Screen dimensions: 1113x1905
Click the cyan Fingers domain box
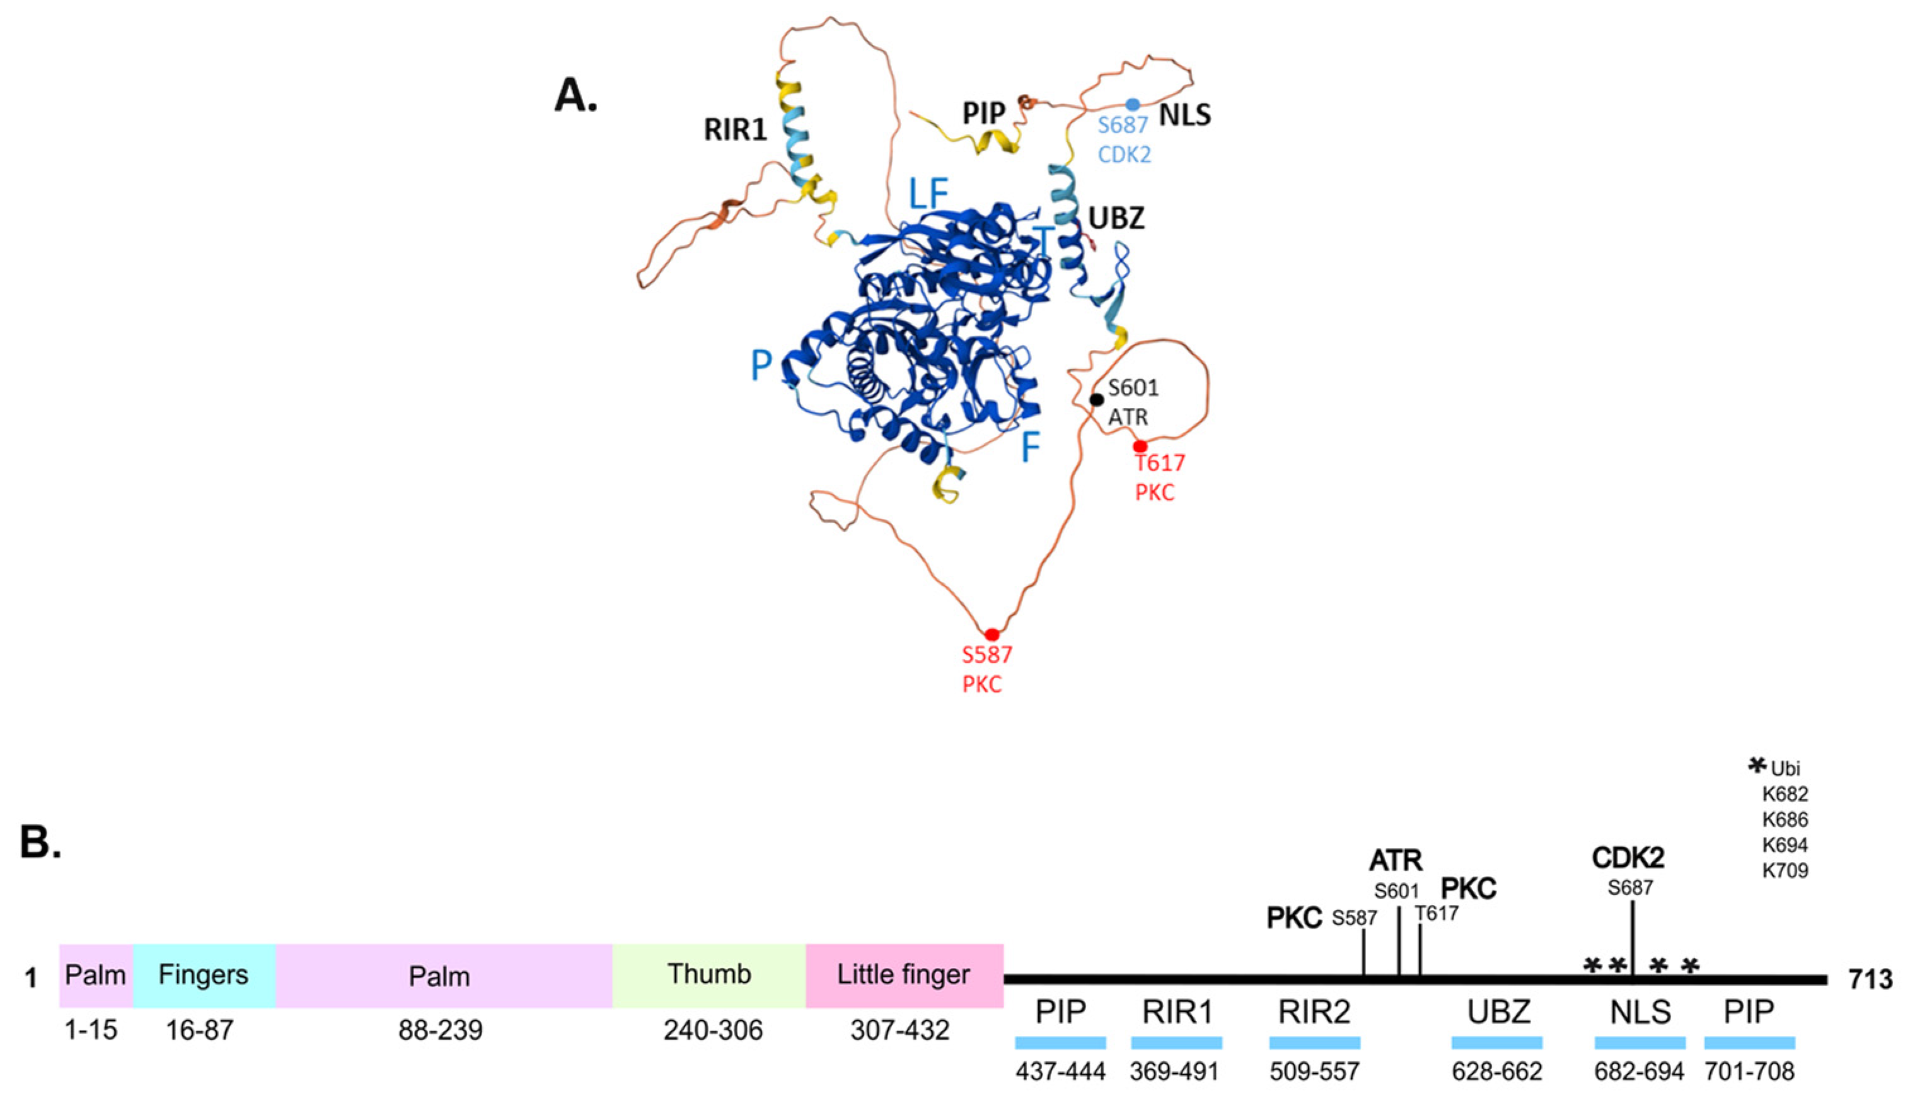point(204,976)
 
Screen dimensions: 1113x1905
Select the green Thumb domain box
point(709,976)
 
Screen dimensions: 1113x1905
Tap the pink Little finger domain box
point(903,976)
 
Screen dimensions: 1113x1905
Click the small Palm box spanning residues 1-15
point(95,976)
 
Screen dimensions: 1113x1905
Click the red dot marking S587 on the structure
point(991,634)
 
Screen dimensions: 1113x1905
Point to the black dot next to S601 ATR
point(1096,399)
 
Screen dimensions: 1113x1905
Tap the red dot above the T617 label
point(1139,446)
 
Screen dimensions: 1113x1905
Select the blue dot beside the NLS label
point(1132,104)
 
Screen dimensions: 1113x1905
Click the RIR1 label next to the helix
point(735,130)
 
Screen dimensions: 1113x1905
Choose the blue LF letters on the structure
point(927,194)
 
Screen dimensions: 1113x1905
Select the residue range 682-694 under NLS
point(1639,1072)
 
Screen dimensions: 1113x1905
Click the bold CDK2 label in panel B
point(1628,858)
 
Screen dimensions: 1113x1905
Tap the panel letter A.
point(576,96)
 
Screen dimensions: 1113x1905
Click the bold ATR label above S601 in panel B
point(1396,861)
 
